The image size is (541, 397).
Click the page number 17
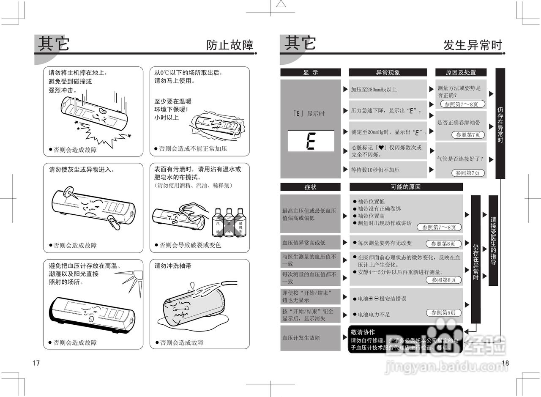[36, 363]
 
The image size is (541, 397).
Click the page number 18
[505, 363]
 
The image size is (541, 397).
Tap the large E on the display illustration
[311, 141]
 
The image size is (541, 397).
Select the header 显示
[310, 72]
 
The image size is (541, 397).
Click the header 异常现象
[388, 72]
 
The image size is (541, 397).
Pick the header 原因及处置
[461, 72]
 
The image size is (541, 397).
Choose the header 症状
[310, 187]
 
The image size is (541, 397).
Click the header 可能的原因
[406, 187]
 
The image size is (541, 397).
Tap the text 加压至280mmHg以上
[374, 90]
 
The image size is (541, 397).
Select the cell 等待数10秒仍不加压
[375, 170]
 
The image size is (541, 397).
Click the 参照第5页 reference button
[443, 313]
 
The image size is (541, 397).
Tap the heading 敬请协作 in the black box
[363, 332]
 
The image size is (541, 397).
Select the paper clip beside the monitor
[113, 222]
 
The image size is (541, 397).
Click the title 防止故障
[230, 45]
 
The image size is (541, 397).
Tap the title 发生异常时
[473, 45]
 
